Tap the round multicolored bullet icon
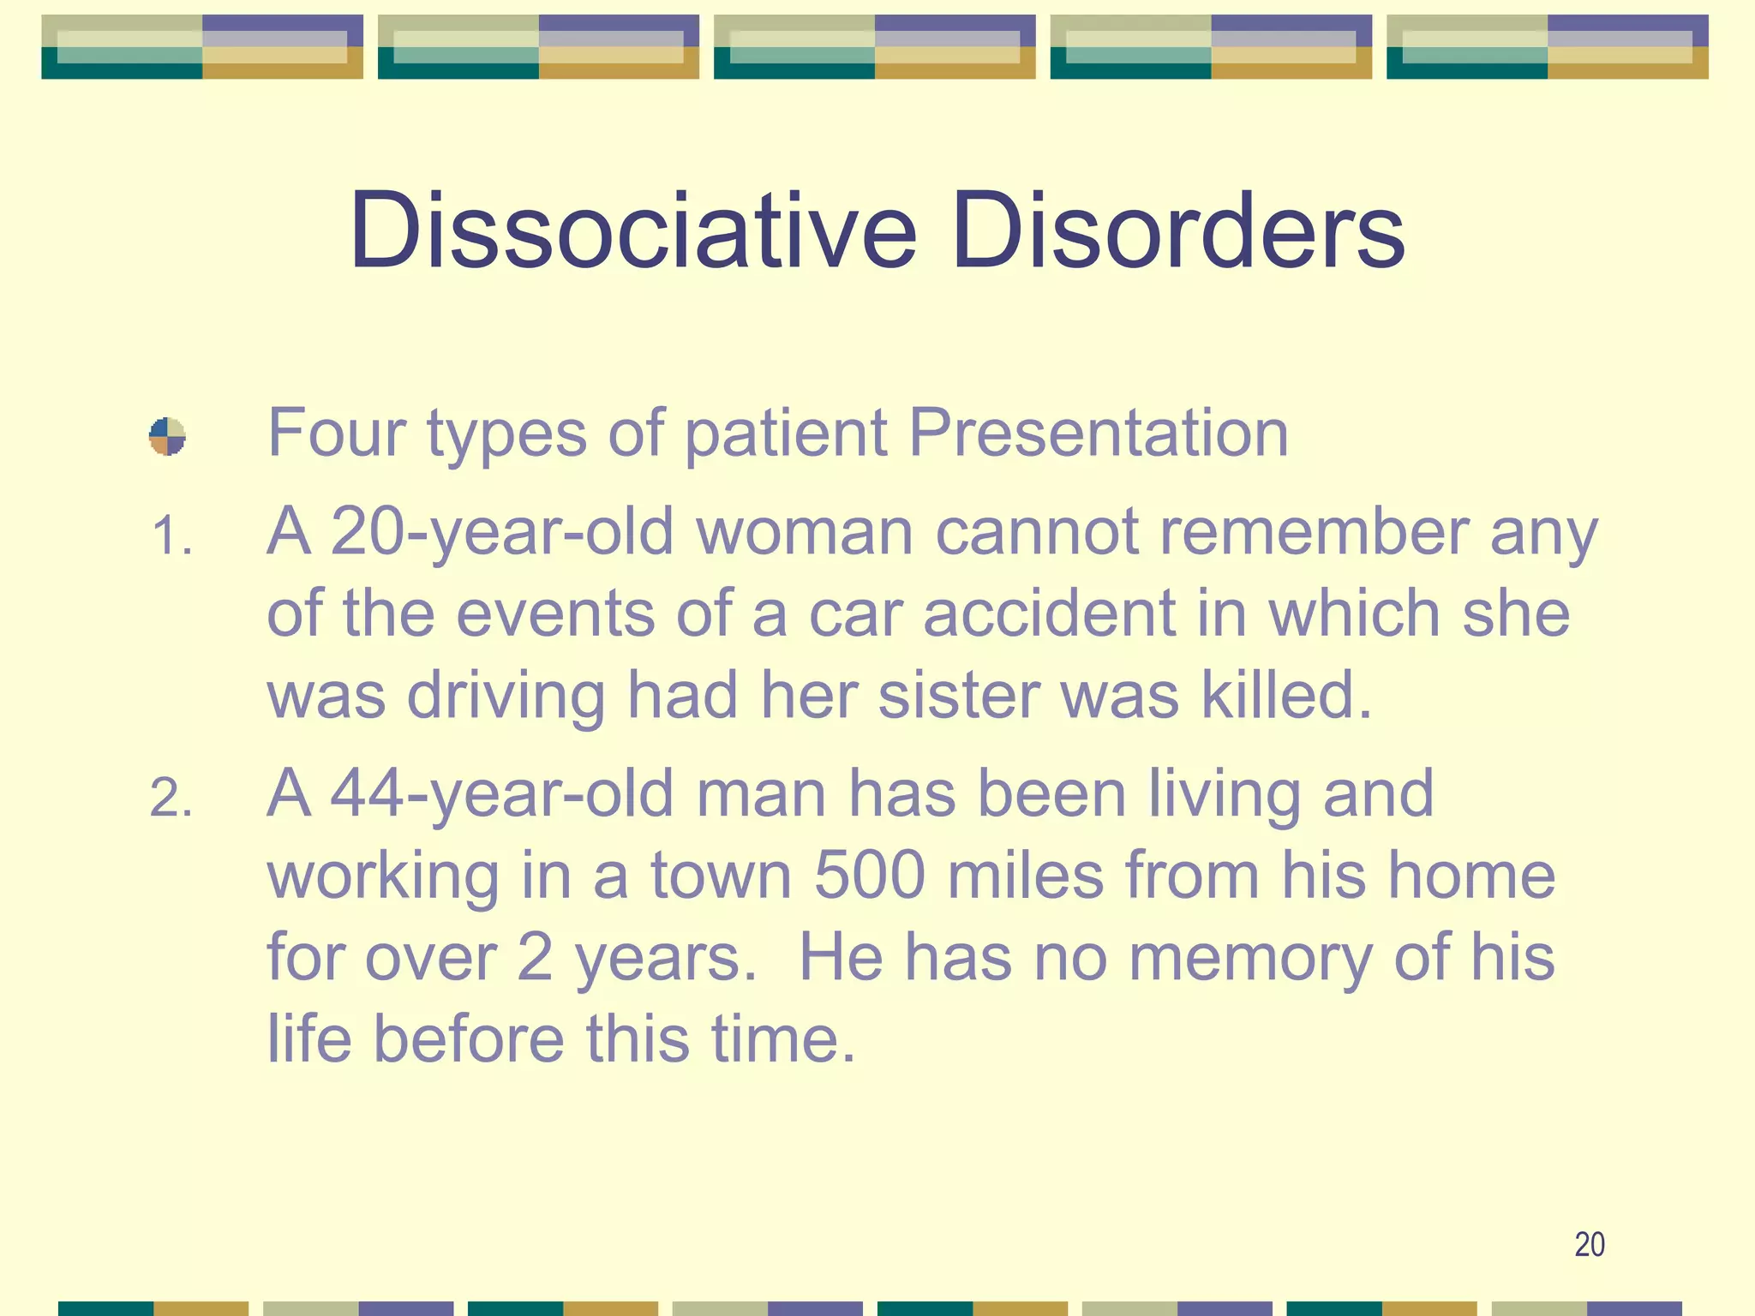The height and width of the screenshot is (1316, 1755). click(167, 436)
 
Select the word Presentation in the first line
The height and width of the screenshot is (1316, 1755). click(1098, 433)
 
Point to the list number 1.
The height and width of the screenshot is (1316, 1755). click(171, 538)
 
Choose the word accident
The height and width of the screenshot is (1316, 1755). click(1050, 613)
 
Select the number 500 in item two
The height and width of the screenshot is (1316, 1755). click(869, 876)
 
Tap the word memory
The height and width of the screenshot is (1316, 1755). click(1250, 958)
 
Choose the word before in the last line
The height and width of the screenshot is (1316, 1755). click(468, 1039)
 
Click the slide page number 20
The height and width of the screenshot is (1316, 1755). click(1590, 1244)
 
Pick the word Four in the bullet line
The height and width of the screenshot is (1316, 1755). click(336, 433)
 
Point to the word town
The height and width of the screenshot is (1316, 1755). click(721, 876)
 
